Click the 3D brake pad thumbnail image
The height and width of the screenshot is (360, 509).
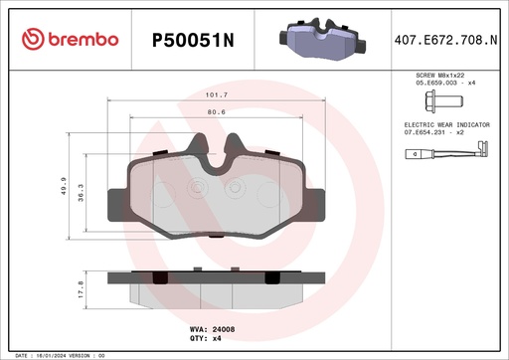coord(318,40)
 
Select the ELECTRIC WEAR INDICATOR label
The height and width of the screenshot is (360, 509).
coord(446,123)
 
